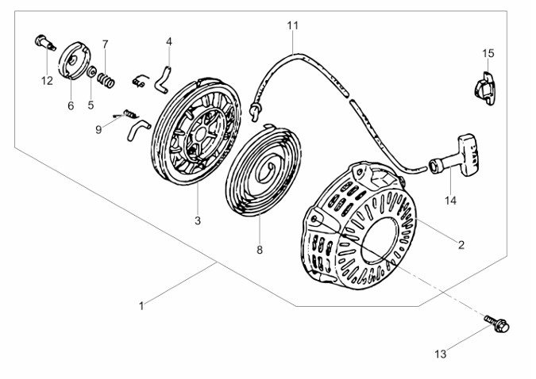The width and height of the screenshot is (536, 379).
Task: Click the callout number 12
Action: [x=47, y=80]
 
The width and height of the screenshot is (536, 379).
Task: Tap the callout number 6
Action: [x=70, y=105]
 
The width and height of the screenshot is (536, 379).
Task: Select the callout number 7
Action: [x=105, y=44]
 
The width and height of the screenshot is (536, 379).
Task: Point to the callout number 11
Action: [x=293, y=26]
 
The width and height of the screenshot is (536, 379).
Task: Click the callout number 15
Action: [x=488, y=53]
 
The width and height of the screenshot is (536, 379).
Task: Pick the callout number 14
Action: [x=450, y=201]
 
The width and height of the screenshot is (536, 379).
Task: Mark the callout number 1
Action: [x=141, y=305]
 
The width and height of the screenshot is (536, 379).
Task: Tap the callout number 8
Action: [x=259, y=248]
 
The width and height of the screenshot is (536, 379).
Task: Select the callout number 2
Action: [x=461, y=245]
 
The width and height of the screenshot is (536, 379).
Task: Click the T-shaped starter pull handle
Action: [x=461, y=161]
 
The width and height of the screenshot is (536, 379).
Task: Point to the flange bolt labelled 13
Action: [x=498, y=323]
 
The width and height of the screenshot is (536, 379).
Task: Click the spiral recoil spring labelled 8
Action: [x=264, y=166]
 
